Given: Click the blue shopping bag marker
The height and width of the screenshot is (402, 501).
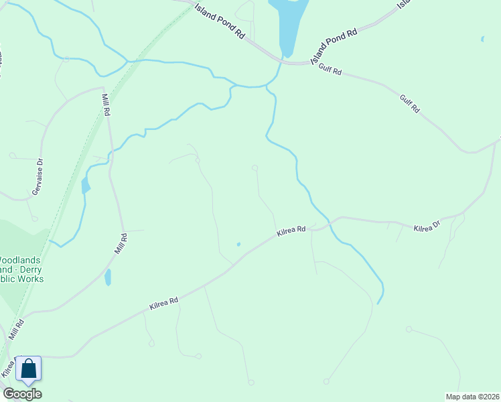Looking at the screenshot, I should pos(28,369).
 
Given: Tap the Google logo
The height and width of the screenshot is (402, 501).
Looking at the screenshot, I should pos(22,394).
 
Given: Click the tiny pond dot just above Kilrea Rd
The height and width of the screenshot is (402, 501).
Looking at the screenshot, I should pos(238,244).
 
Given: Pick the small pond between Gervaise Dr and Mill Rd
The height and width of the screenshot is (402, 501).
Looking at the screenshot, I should pos(85,186).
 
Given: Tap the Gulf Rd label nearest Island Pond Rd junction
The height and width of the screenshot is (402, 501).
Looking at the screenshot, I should pos(330,68).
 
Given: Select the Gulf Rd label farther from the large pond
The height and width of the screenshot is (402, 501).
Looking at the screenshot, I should pos(409,103).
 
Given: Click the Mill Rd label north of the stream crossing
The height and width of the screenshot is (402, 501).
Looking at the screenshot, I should pos(105,105).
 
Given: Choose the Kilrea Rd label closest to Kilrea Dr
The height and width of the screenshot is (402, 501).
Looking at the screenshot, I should pos(291,232).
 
